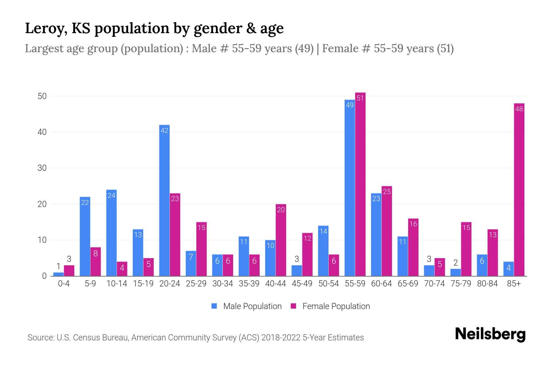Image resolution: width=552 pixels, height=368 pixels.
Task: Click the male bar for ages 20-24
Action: [164, 201]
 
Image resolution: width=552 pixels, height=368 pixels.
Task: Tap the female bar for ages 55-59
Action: [360, 184]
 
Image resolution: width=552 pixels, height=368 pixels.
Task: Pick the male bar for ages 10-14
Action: [111, 233]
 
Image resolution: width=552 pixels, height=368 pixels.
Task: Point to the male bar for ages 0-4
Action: [58, 274]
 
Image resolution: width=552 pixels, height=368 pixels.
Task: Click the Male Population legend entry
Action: [247, 306]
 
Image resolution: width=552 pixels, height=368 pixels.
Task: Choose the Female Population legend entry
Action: [330, 306]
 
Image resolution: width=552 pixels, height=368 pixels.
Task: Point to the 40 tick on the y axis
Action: [42, 132]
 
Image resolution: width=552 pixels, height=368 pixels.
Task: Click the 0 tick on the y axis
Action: [44, 276]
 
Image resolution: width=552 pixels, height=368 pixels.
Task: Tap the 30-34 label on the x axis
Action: [223, 284]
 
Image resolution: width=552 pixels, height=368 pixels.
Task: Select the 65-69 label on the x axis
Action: [408, 284]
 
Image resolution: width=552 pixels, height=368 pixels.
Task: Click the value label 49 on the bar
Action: [350, 105]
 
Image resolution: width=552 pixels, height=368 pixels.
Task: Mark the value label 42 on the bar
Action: [164, 131]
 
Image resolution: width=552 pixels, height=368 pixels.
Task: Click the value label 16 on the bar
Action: [413, 224]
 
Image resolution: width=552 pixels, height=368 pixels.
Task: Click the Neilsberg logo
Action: [490, 334]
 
